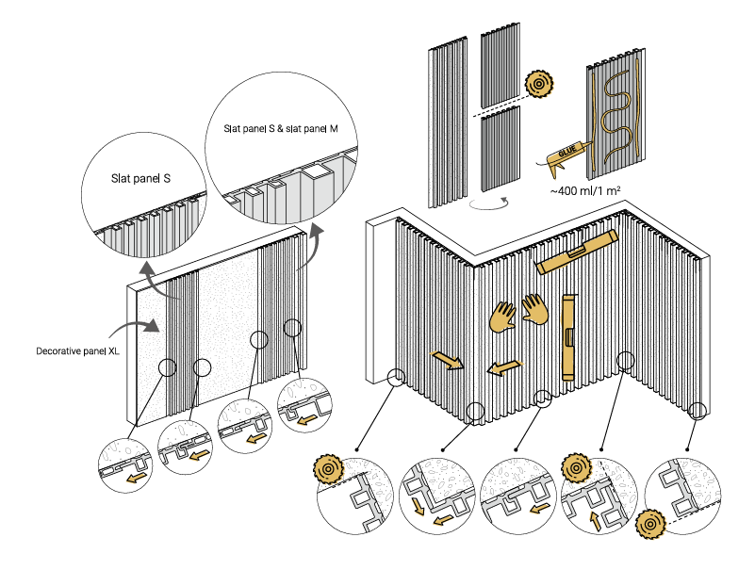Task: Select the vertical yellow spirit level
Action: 568,335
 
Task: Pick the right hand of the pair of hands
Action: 534,308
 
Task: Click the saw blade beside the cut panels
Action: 539,83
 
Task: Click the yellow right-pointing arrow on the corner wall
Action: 447,360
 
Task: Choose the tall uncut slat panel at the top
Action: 445,126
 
